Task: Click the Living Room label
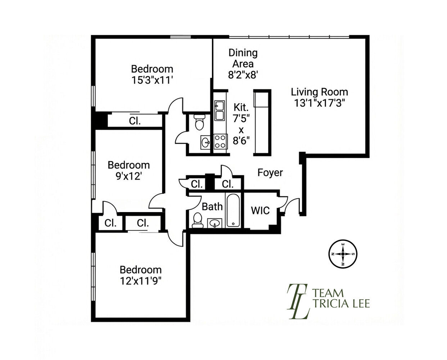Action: tap(319, 92)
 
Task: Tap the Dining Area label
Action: tap(243, 58)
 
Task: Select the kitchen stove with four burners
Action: tap(220, 141)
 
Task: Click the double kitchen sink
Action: tap(219, 111)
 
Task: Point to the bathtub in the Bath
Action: tap(233, 210)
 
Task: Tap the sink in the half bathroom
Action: tap(206, 142)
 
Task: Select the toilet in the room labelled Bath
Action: tap(197, 220)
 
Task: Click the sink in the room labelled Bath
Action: tap(215, 224)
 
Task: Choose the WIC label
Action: tap(261, 210)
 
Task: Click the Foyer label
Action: tap(270, 172)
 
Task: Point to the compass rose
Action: tap(343, 254)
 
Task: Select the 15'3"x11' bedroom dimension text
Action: tap(152, 80)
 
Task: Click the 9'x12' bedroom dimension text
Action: tap(129, 176)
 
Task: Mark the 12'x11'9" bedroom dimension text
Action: tap(141, 281)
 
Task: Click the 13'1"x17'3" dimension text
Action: tap(320, 103)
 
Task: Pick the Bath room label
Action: tap(212, 207)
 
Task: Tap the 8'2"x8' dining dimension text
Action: tap(243, 75)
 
